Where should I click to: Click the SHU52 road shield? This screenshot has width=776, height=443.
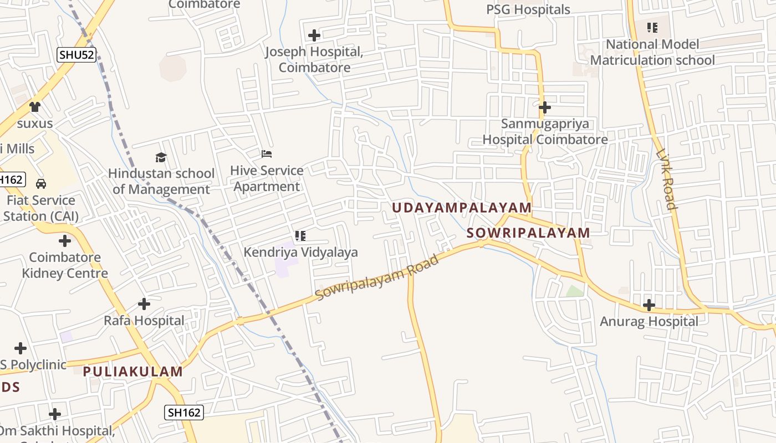[76, 54]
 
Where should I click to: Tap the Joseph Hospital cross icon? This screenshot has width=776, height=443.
[314, 35]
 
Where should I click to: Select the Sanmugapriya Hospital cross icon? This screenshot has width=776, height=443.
[544, 107]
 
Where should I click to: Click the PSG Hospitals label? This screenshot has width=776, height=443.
[528, 9]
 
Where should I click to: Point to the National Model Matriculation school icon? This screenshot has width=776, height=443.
[652, 27]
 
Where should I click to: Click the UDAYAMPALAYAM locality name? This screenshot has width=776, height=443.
[462, 208]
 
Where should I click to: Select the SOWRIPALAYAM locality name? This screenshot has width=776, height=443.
[528, 233]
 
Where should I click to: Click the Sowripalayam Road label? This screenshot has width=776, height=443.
[377, 277]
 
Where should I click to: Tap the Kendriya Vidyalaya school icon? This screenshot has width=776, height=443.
[300, 236]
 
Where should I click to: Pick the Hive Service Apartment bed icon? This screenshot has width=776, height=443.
[267, 153]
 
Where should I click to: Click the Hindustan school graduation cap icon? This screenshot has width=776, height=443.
[161, 157]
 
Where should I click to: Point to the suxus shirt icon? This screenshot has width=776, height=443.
[35, 106]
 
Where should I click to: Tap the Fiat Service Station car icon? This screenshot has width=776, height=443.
[40, 183]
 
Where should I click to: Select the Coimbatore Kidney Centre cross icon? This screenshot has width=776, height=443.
[65, 241]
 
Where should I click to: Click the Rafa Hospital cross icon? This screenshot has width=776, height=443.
[144, 304]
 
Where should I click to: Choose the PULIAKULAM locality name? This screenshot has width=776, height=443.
[133, 372]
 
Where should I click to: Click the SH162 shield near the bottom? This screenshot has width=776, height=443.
[184, 412]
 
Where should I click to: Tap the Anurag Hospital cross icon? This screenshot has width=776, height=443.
[649, 305]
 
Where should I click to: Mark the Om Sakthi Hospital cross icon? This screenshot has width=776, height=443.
[54, 414]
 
